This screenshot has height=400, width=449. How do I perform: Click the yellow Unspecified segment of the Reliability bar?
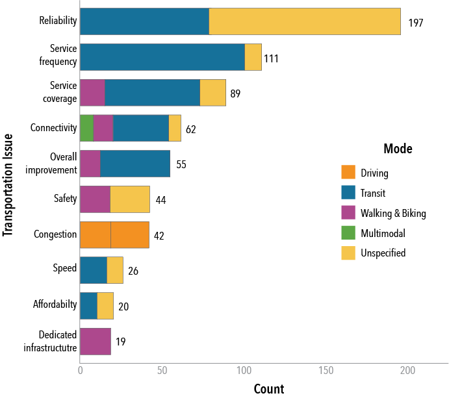305,21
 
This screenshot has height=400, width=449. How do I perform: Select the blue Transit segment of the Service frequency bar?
162,57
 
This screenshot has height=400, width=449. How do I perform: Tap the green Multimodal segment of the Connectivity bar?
86,128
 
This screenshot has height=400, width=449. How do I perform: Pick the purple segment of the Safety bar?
95,199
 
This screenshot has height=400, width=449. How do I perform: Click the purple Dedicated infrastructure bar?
95,342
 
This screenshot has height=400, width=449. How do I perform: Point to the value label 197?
416,23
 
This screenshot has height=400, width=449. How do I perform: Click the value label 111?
272,58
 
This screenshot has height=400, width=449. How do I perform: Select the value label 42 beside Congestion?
159,236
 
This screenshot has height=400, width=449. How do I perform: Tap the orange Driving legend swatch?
348,173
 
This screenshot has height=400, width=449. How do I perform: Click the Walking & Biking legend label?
393,213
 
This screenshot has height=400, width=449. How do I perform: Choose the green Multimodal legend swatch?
348,233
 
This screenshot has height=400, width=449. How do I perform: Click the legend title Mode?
397,149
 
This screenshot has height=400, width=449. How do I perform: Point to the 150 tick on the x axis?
326,370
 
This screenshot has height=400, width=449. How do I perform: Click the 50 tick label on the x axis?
161,370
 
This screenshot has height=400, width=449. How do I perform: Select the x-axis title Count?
268,389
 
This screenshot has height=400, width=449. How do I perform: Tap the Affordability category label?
55,304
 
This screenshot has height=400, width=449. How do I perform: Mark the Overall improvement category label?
64,163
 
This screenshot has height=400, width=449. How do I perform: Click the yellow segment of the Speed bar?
115,270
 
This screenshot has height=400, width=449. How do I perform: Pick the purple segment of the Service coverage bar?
92,92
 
